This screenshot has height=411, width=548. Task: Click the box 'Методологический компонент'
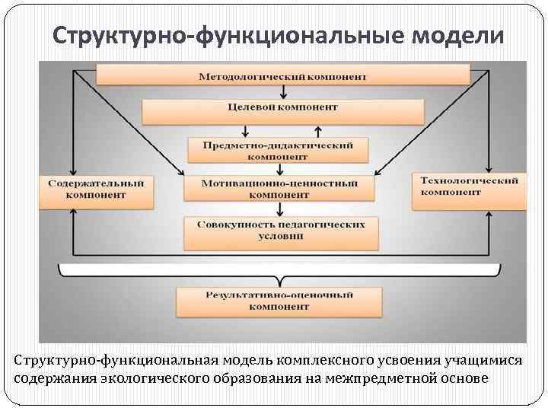(x=282, y=75)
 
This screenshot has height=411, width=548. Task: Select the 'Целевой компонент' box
(x=282, y=109)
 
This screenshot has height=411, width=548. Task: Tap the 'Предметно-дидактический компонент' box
(x=276, y=150)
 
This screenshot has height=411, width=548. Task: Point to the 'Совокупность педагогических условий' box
(x=281, y=231)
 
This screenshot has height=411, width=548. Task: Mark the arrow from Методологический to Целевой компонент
(x=283, y=91)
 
